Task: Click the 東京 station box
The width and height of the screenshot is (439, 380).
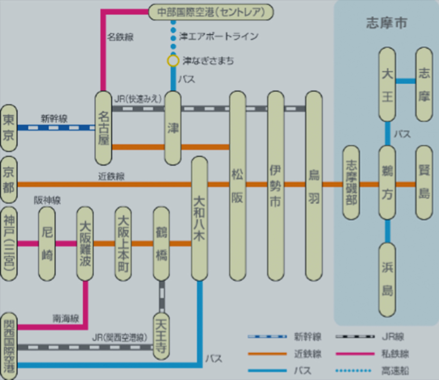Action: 9,128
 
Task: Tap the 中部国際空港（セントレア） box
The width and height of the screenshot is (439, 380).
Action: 210,12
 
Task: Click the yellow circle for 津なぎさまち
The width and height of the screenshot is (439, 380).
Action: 173,61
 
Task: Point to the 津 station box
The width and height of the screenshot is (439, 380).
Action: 173,128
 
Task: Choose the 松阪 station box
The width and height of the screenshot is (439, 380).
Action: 238,186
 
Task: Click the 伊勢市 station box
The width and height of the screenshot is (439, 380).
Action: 276,186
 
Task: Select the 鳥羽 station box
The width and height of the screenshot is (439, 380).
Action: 314,186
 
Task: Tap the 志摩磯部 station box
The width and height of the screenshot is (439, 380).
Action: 351,183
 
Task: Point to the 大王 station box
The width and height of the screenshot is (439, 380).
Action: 387,84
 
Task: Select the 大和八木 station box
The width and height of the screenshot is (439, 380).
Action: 200,218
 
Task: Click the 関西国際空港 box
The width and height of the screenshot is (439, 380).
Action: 9,345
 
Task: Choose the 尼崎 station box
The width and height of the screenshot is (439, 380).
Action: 47,244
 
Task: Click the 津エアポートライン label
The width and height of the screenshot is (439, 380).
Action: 218,37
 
